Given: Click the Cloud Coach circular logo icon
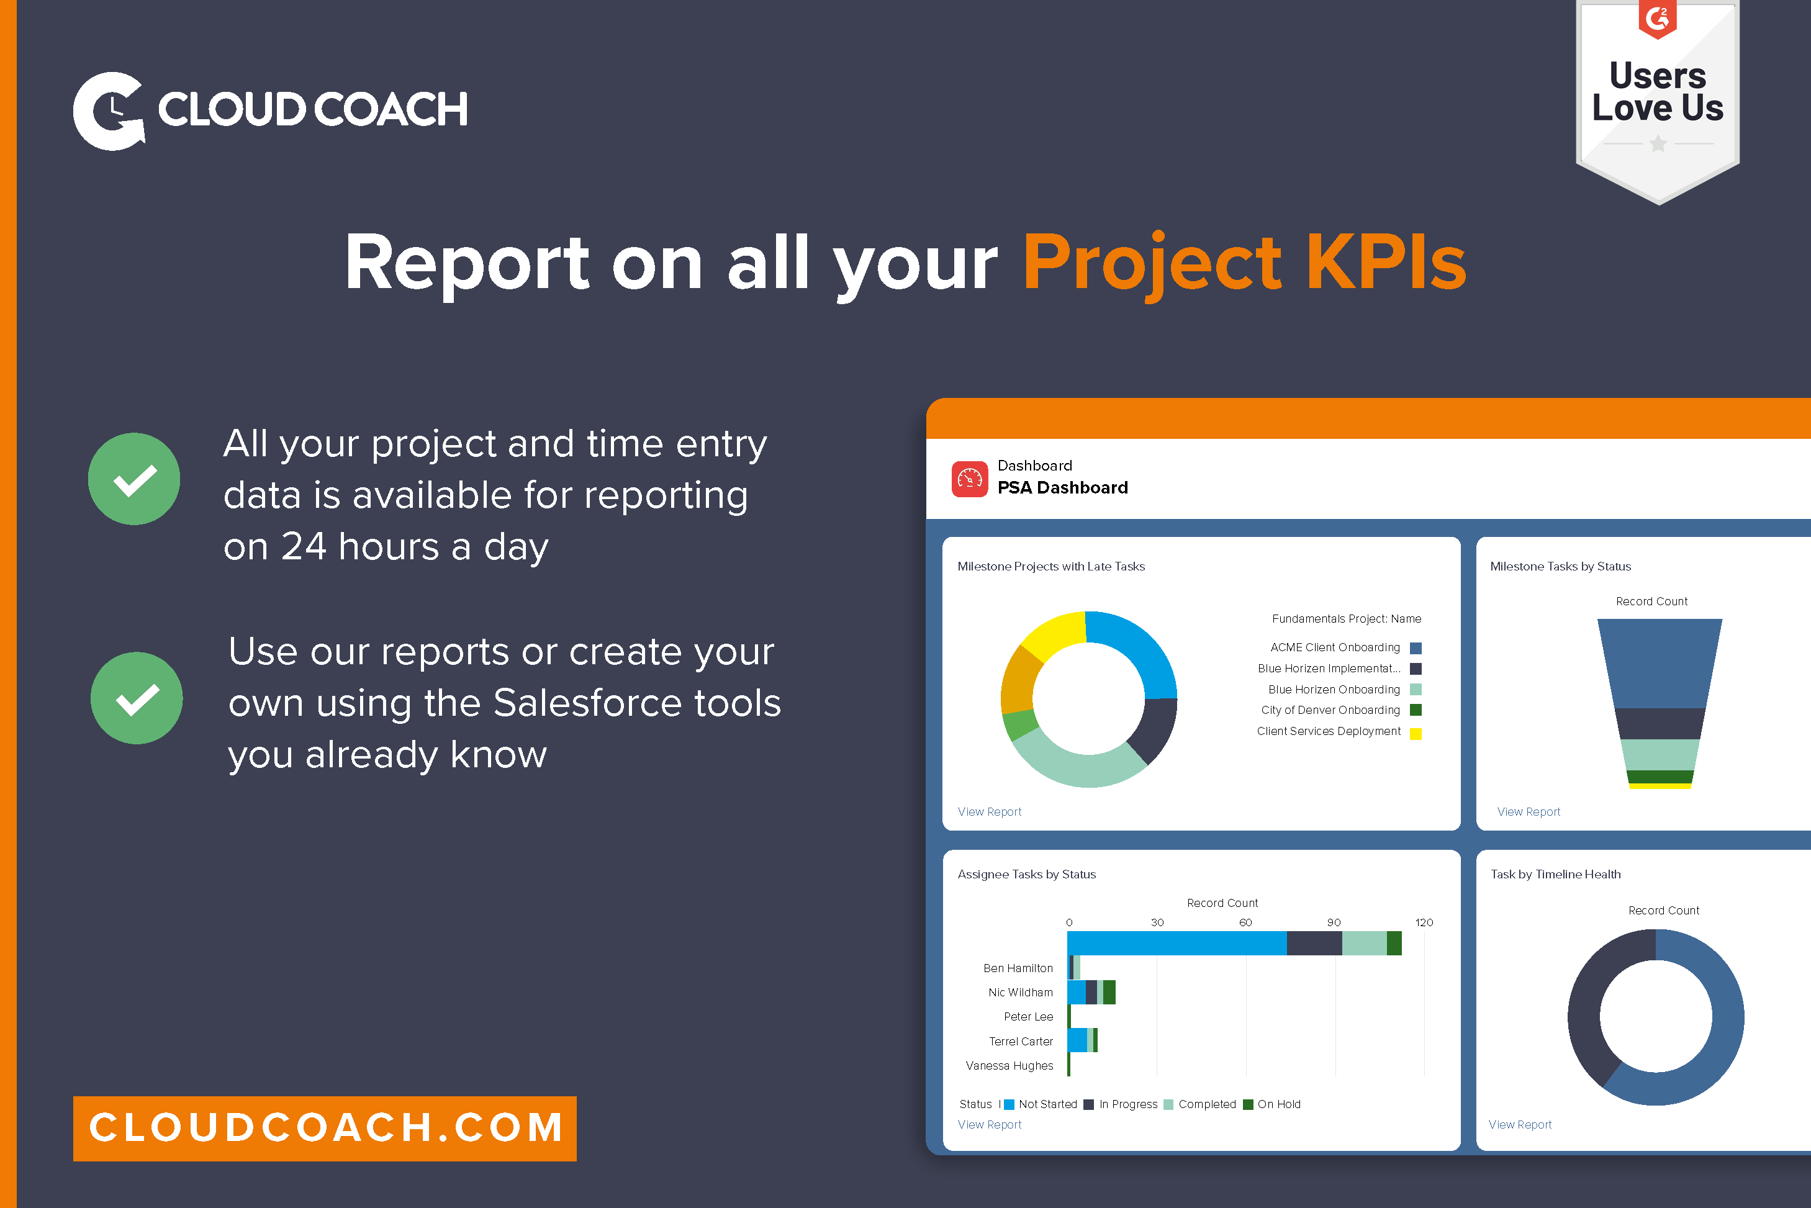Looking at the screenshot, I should (109, 111).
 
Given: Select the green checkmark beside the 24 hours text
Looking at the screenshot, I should (134, 479).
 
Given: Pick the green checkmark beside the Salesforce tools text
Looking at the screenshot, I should (137, 698).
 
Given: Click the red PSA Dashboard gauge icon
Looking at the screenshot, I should (969, 479).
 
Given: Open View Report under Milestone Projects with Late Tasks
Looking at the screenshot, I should (989, 812).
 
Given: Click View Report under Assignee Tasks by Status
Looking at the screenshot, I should (989, 1125).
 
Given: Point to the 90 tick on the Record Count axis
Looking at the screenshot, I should (1334, 922).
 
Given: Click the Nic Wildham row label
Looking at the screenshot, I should (1020, 992).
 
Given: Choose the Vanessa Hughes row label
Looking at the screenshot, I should (1009, 1065).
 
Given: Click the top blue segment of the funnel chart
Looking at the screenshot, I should (1660, 662).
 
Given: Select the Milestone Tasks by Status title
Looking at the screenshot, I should (1560, 566).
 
